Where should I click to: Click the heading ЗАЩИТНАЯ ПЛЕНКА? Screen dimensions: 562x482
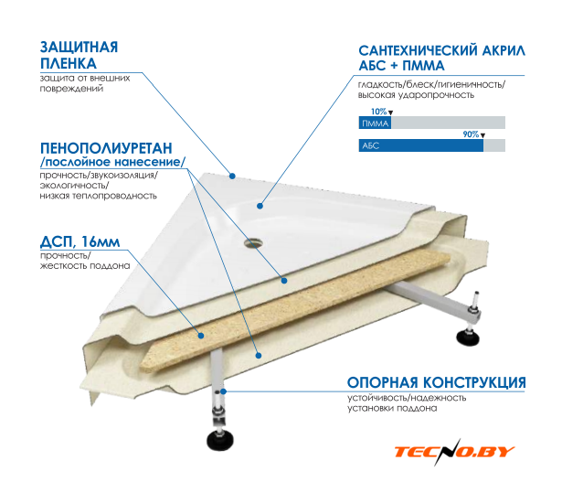point(79,55)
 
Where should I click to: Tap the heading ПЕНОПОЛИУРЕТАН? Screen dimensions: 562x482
point(106,148)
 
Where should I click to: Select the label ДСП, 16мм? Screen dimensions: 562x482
point(80,242)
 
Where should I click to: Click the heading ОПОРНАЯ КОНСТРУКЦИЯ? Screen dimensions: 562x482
point(436,382)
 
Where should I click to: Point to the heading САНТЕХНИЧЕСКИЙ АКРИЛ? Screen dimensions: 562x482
point(442,50)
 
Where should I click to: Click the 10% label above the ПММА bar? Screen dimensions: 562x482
point(378,112)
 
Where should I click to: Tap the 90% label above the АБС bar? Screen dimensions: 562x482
point(471,134)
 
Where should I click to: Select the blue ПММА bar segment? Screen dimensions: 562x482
point(375,123)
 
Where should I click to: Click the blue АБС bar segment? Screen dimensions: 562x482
point(421,145)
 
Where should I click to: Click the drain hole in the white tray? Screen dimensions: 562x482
point(254,243)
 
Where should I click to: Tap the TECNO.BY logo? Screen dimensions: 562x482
point(454,451)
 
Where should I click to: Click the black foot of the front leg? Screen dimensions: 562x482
point(220,441)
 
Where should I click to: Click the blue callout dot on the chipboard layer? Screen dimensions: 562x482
point(201,336)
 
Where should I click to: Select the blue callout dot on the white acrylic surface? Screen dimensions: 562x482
point(260,206)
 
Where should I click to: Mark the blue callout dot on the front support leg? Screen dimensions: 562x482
point(223,391)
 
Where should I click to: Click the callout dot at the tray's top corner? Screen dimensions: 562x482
point(232,177)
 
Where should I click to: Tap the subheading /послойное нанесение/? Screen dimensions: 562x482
point(113,162)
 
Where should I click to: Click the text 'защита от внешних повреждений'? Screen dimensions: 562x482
point(85,83)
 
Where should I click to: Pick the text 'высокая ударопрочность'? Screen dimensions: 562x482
point(416,95)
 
